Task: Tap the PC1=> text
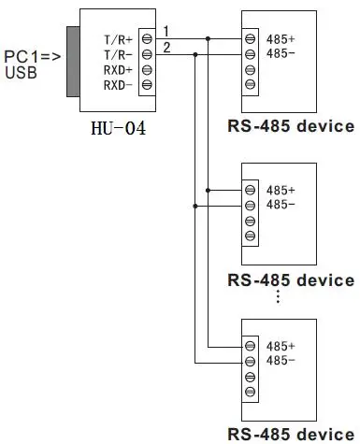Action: tap(31, 56)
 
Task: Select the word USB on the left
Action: tap(21, 73)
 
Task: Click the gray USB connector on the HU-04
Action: tap(72, 62)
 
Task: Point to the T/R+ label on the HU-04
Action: tap(118, 40)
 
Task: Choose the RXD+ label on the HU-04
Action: tap(118, 70)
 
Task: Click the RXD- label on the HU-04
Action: tap(118, 85)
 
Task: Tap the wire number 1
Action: tap(166, 32)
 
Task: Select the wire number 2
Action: tap(166, 47)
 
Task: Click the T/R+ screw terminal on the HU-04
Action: tap(146, 40)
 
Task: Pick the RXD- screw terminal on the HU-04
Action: tap(146, 85)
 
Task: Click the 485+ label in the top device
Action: tap(281, 39)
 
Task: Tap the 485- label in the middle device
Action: tap(281, 205)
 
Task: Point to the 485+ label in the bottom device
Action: tap(281, 346)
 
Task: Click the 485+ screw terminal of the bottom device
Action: tap(251, 346)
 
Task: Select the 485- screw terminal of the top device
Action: tap(251, 54)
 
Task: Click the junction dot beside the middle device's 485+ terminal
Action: tap(208, 190)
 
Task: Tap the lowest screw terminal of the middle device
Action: tap(251, 235)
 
